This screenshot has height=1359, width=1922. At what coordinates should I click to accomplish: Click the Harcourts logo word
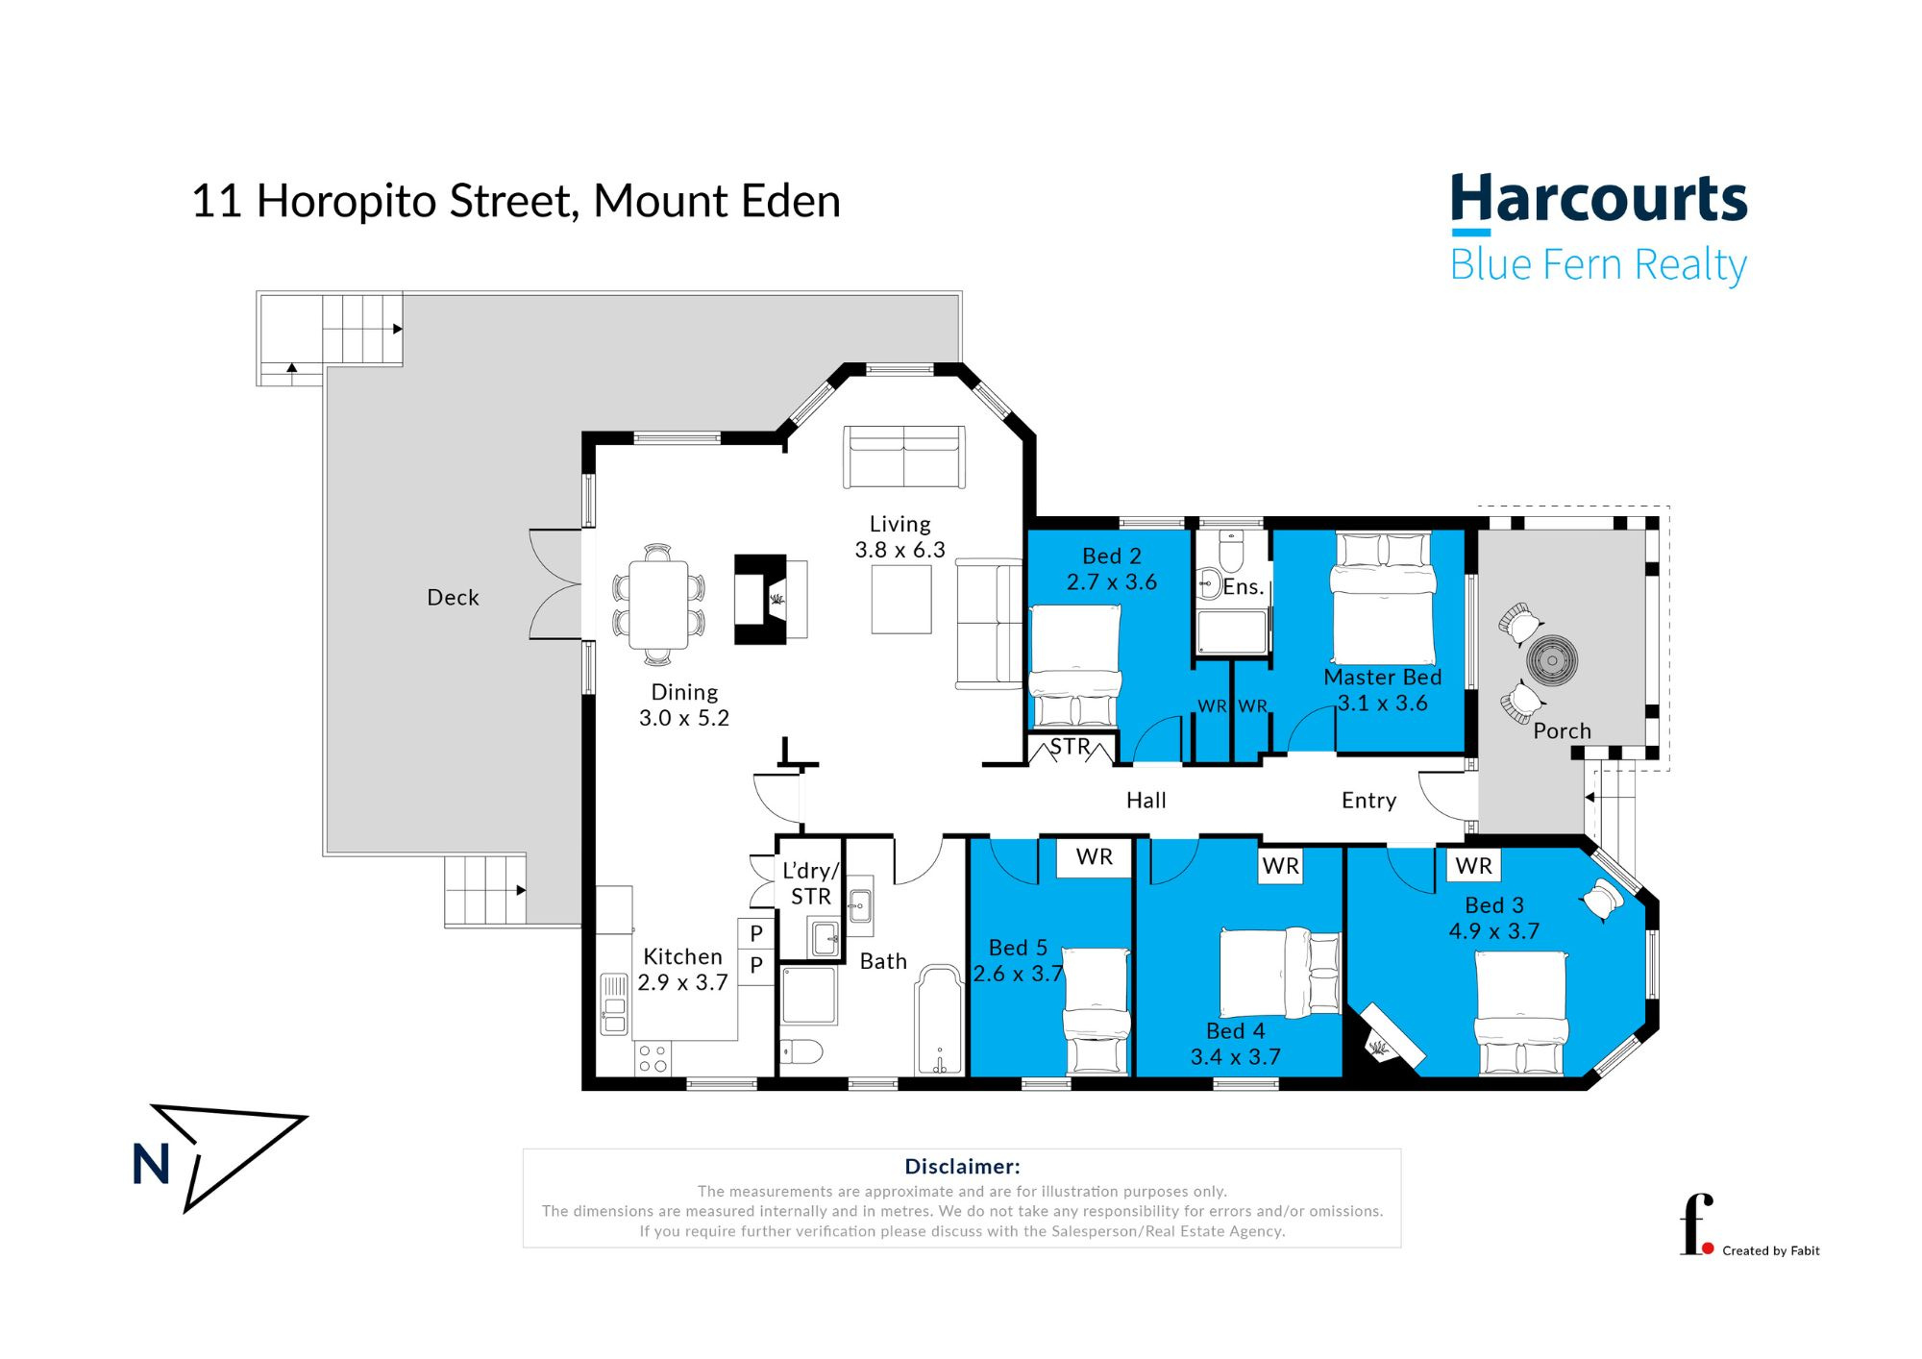(x=1598, y=199)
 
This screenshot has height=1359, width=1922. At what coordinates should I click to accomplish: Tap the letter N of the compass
(x=151, y=1165)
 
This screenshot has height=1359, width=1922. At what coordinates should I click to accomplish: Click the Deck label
(x=453, y=598)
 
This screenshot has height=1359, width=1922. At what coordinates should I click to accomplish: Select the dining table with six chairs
(x=659, y=605)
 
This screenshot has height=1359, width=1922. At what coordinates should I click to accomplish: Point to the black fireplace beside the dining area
(x=760, y=599)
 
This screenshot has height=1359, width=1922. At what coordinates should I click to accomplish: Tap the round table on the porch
(x=1552, y=661)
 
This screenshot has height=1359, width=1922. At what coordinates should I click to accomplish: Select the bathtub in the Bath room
(x=940, y=1021)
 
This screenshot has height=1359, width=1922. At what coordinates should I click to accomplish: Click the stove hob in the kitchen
(x=653, y=1058)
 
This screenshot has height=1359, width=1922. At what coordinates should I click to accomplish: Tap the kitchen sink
(x=614, y=1004)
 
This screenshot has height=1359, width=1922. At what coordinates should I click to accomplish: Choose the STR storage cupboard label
(x=1070, y=747)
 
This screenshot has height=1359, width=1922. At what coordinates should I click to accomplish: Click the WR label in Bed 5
(x=1095, y=856)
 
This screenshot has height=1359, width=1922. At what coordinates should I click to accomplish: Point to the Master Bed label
(x=1383, y=678)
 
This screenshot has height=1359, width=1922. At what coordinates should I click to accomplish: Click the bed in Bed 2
(x=1075, y=665)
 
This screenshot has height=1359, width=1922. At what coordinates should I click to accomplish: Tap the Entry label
(x=1368, y=801)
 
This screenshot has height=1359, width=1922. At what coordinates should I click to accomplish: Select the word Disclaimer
(x=962, y=1167)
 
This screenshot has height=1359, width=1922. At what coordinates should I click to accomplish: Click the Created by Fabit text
(x=1771, y=1250)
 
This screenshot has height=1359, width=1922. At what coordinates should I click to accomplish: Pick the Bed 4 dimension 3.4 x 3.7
(x=1236, y=1057)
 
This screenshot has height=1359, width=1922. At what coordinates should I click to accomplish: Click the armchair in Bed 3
(x=1602, y=900)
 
